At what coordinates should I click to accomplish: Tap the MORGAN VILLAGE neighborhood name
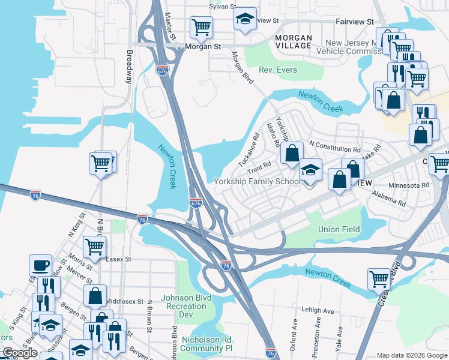click(x=294, y=41)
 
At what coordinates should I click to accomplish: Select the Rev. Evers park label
click(x=278, y=70)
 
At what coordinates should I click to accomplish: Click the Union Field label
click(x=339, y=229)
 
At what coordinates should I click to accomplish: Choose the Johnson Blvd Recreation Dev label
click(x=186, y=306)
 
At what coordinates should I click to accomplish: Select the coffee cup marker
click(x=40, y=265)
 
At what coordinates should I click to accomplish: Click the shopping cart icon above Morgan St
click(x=201, y=26)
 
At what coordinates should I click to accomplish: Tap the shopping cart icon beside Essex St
click(x=94, y=246)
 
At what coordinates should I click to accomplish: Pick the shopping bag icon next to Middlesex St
click(x=95, y=295)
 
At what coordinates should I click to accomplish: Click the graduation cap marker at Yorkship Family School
click(x=310, y=170)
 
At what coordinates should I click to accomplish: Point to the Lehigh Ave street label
click(x=318, y=311)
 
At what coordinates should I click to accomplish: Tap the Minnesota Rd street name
click(x=409, y=185)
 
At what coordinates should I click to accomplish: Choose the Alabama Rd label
click(x=388, y=198)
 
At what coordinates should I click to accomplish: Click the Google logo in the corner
click(x=20, y=353)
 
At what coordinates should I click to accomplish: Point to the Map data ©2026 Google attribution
click(x=412, y=355)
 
